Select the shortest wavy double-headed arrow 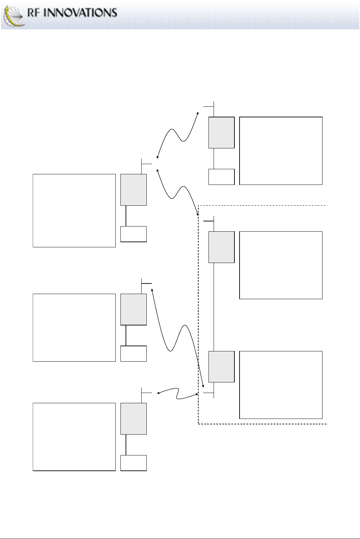coord(178,394)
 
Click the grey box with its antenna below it coord(221,366)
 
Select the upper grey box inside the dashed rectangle coord(221,247)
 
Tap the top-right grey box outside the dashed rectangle coord(221,132)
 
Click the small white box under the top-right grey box coord(221,177)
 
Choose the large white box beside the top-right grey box coord(281,150)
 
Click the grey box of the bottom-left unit coord(133,419)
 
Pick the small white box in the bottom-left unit coord(133,463)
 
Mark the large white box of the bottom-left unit coord(74,437)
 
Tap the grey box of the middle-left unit coord(133,309)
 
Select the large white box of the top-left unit coord(74,210)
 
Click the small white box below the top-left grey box coord(133,234)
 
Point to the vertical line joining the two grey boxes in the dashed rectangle coord(214,307)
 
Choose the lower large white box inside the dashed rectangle coord(281,385)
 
